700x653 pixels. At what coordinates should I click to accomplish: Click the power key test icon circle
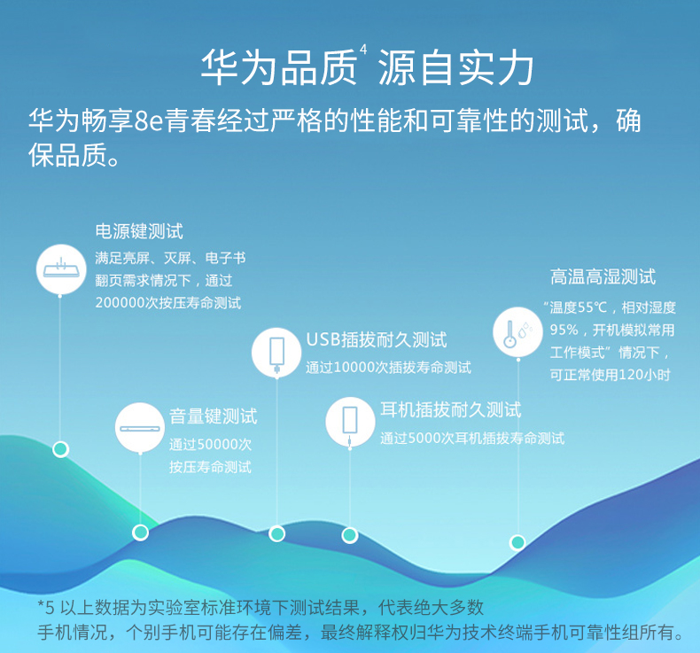click(x=61, y=269)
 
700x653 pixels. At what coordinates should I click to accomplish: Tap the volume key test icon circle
click(x=140, y=428)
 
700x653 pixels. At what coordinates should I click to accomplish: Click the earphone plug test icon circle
click(x=350, y=422)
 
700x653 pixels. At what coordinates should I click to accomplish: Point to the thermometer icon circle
click(x=517, y=332)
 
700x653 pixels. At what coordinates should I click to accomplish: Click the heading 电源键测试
click(x=139, y=231)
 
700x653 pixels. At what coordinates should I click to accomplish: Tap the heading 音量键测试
click(x=214, y=416)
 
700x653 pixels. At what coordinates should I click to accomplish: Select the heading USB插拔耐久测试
click(x=377, y=340)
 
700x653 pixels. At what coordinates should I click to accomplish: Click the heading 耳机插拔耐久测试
click(x=451, y=409)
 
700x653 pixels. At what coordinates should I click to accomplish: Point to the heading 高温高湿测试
click(x=603, y=276)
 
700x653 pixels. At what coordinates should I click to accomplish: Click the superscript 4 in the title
click(x=363, y=49)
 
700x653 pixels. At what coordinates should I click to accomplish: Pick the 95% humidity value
click(x=564, y=330)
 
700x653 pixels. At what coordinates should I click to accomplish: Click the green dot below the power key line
click(x=61, y=449)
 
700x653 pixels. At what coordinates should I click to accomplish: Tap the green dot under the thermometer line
click(x=517, y=542)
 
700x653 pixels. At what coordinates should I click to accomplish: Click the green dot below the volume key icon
click(x=140, y=532)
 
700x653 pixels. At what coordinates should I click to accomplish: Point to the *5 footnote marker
click(x=45, y=608)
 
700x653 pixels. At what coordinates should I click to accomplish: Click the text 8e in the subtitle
click(x=149, y=121)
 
